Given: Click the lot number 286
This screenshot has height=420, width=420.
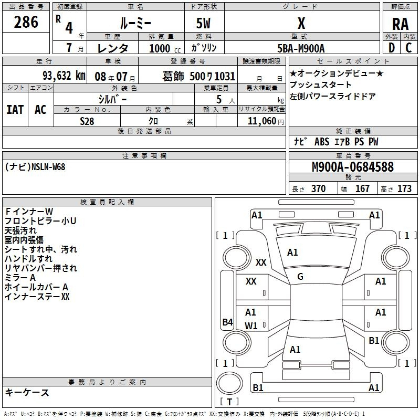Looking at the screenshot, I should pyautogui.click(x=26, y=22).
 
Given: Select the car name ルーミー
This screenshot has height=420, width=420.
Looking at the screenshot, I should pyautogui.click(x=136, y=24).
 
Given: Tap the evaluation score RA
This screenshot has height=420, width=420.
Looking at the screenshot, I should pyautogui.click(x=400, y=24).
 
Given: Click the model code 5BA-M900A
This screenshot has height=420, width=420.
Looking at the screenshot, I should pyautogui.click(x=301, y=48).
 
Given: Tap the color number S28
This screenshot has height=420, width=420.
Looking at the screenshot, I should pyautogui.click(x=87, y=121).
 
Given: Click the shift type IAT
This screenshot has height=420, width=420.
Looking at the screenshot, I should pyautogui.click(x=15, y=110).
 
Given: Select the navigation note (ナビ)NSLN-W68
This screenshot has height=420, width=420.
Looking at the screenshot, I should pyautogui.click(x=36, y=166).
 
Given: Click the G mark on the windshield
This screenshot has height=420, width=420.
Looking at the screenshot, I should pyautogui.click(x=300, y=277).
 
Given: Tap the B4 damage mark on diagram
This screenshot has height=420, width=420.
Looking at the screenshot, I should pyautogui.click(x=227, y=322).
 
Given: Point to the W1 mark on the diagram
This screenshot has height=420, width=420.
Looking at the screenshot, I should pyautogui.click(x=251, y=325).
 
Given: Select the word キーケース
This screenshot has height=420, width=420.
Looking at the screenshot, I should pyautogui.click(x=27, y=392).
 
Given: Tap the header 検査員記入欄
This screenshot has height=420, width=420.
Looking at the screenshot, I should pyautogui.click(x=107, y=202).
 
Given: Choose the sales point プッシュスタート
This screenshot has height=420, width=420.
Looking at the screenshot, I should pyautogui.click(x=321, y=85).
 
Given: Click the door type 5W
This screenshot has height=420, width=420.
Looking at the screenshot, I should pyautogui.click(x=204, y=24).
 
